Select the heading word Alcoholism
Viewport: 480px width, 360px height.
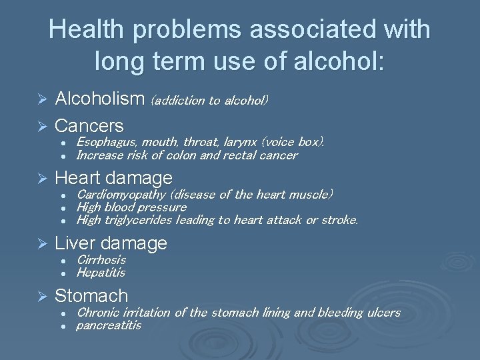click(99, 99)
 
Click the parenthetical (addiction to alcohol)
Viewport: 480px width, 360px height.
click(210, 101)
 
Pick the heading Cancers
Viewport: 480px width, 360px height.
click(89, 125)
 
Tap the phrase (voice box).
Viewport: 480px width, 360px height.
click(293, 142)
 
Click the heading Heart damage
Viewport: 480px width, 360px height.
click(113, 178)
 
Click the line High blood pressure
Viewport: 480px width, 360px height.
click(131, 207)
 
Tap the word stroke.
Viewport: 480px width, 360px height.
click(341, 220)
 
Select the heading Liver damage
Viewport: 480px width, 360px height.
click(111, 243)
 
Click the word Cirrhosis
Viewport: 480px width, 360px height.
click(101, 260)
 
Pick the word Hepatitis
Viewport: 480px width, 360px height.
click(101, 273)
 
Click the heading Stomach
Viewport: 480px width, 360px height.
click(91, 295)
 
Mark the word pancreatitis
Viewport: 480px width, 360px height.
click(109, 325)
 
